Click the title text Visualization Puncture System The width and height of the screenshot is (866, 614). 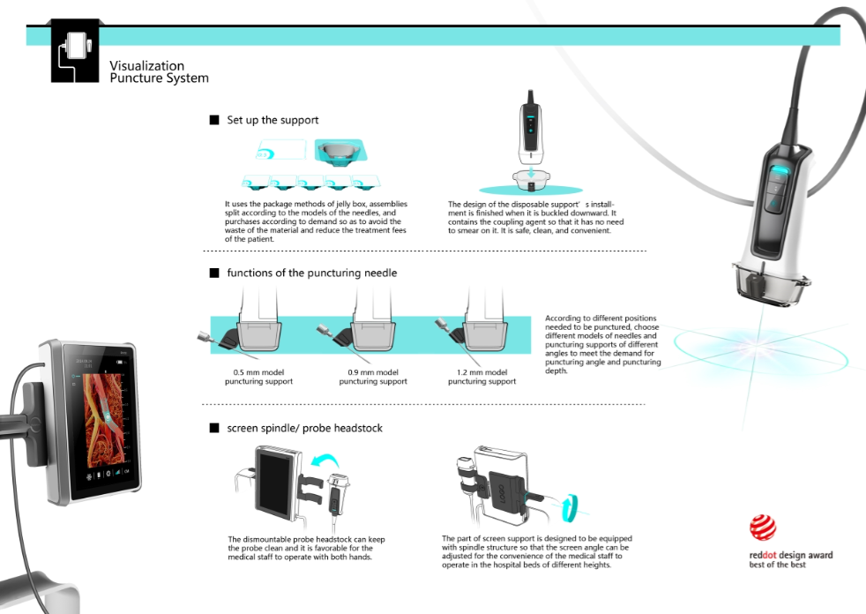coord(159,71)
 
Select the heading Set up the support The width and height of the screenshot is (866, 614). coord(272,120)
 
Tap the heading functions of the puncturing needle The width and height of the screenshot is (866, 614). coord(311,273)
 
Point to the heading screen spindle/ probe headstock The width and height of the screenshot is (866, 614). coord(304,428)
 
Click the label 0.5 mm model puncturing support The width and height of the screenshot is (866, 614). coord(257,377)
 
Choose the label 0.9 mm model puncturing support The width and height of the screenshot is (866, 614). coord(373,377)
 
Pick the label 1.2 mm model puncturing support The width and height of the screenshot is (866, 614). coord(482,377)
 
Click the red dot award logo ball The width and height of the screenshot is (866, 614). coord(762,528)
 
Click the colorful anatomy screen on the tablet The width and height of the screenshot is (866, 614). coord(103,415)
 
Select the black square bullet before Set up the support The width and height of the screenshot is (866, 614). coord(213,120)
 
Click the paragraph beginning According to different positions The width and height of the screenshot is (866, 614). coord(602,344)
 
